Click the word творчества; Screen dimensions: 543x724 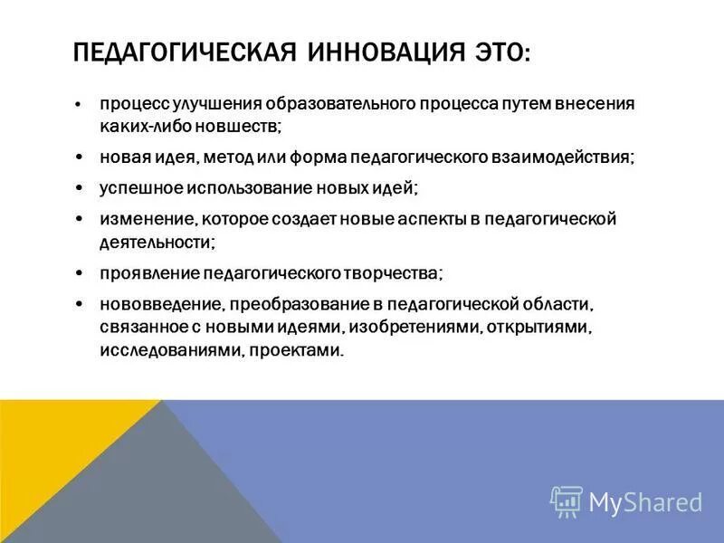tap(396, 271)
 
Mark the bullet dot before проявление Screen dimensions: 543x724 tap(80, 272)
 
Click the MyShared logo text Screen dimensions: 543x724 tap(645, 500)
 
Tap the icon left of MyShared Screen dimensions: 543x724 tap(566, 500)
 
